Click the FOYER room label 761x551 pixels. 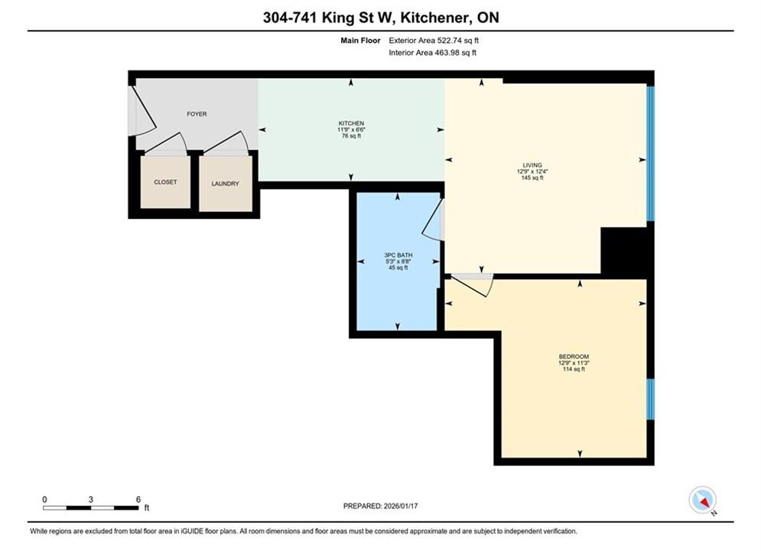click(197, 114)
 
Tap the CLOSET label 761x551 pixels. click(165, 182)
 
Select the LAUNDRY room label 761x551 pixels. click(225, 184)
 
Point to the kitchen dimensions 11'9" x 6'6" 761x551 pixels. click(351, 129)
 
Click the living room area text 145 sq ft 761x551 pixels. click(532, 178)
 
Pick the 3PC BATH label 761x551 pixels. click(398, 255)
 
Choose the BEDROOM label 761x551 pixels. click(574, 357)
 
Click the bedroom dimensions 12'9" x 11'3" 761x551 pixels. click(574, 363)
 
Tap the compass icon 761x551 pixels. click(702, 500)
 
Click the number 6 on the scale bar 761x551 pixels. click(138, 499)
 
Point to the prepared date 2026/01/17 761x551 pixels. click(401, 506)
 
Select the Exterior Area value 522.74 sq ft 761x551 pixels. click(458, 41)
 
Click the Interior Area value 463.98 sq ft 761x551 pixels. click(455, 53)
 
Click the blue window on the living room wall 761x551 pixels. click(650, 153)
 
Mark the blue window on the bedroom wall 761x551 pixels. click(650, 399)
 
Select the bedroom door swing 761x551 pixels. click(472, 286)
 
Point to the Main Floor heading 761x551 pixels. click(360, 41)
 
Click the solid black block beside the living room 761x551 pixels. click(624, 250)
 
